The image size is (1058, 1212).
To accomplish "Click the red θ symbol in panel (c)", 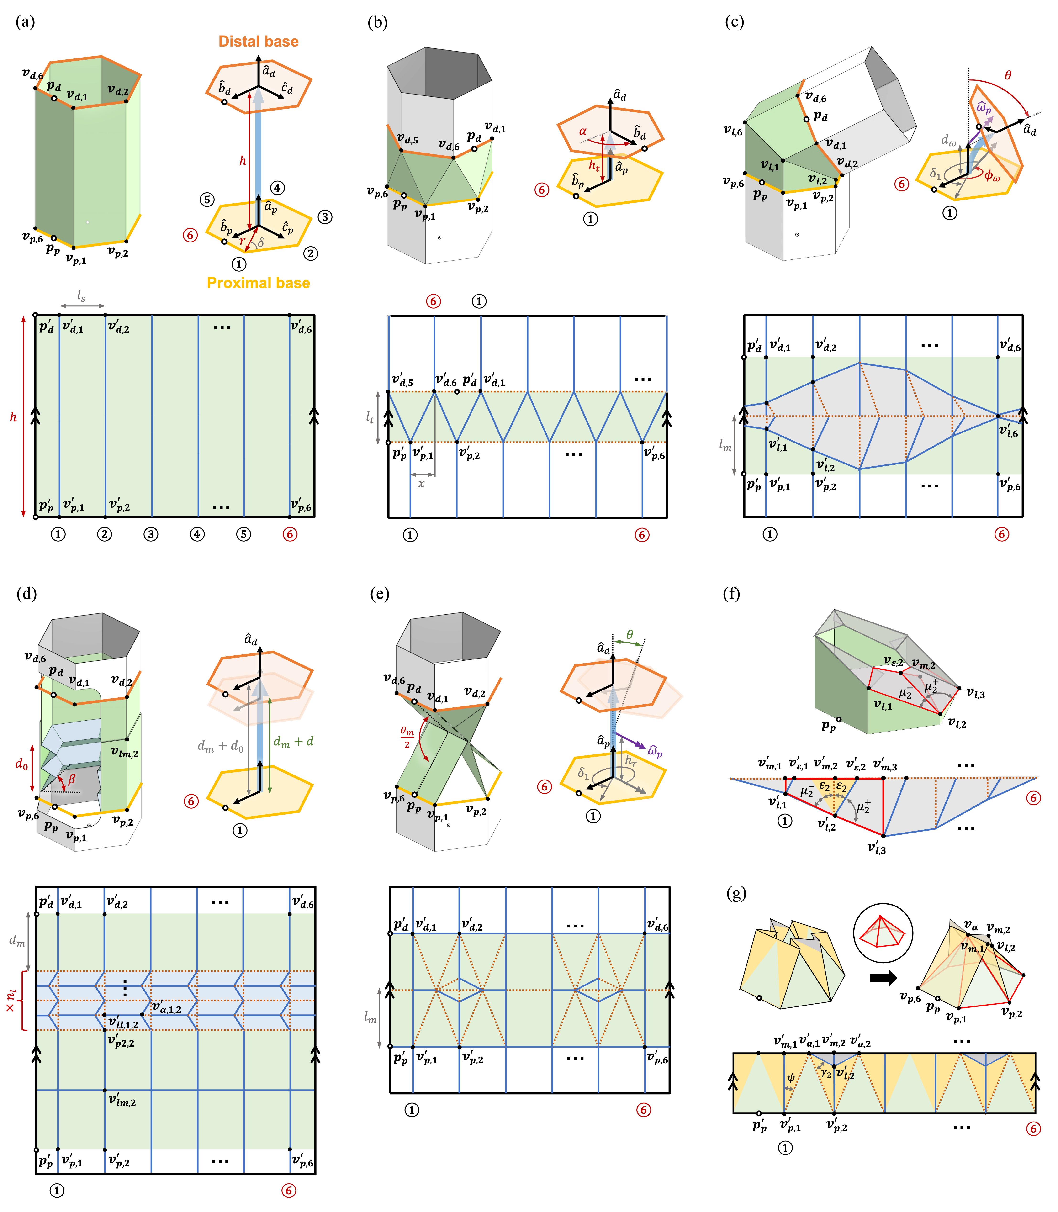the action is (1008, 75).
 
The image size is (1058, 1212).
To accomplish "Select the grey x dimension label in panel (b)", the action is (421, 483).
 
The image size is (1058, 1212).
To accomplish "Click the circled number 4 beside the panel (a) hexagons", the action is (277, 188).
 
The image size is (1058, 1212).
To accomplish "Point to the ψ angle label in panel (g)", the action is (791, 1078).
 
